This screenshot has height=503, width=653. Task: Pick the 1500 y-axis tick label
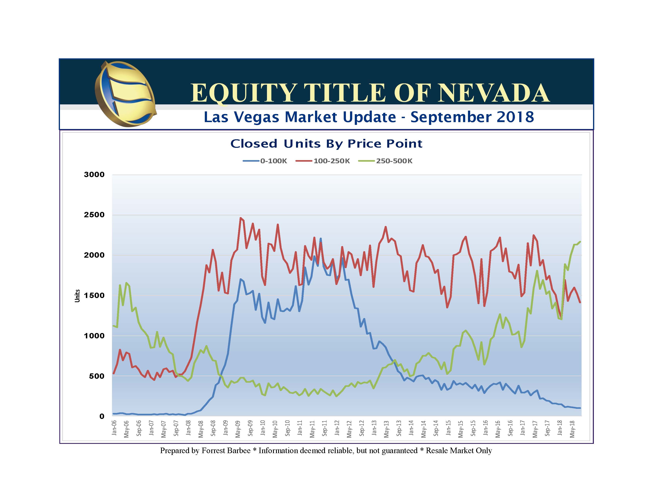(x=94, y=295)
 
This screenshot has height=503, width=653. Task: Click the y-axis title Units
(x=77, y=296)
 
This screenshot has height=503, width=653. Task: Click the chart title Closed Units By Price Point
(x=326, y=144)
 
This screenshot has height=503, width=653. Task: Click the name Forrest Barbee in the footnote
(x=226, y=451)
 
